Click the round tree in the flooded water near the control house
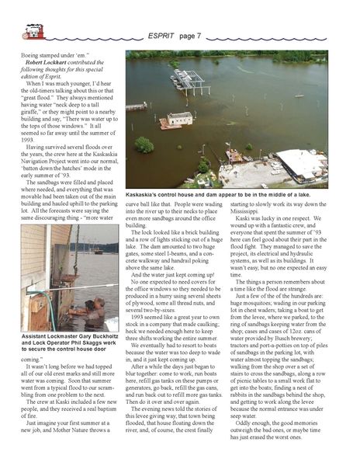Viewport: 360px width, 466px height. [x=144, y=144]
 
